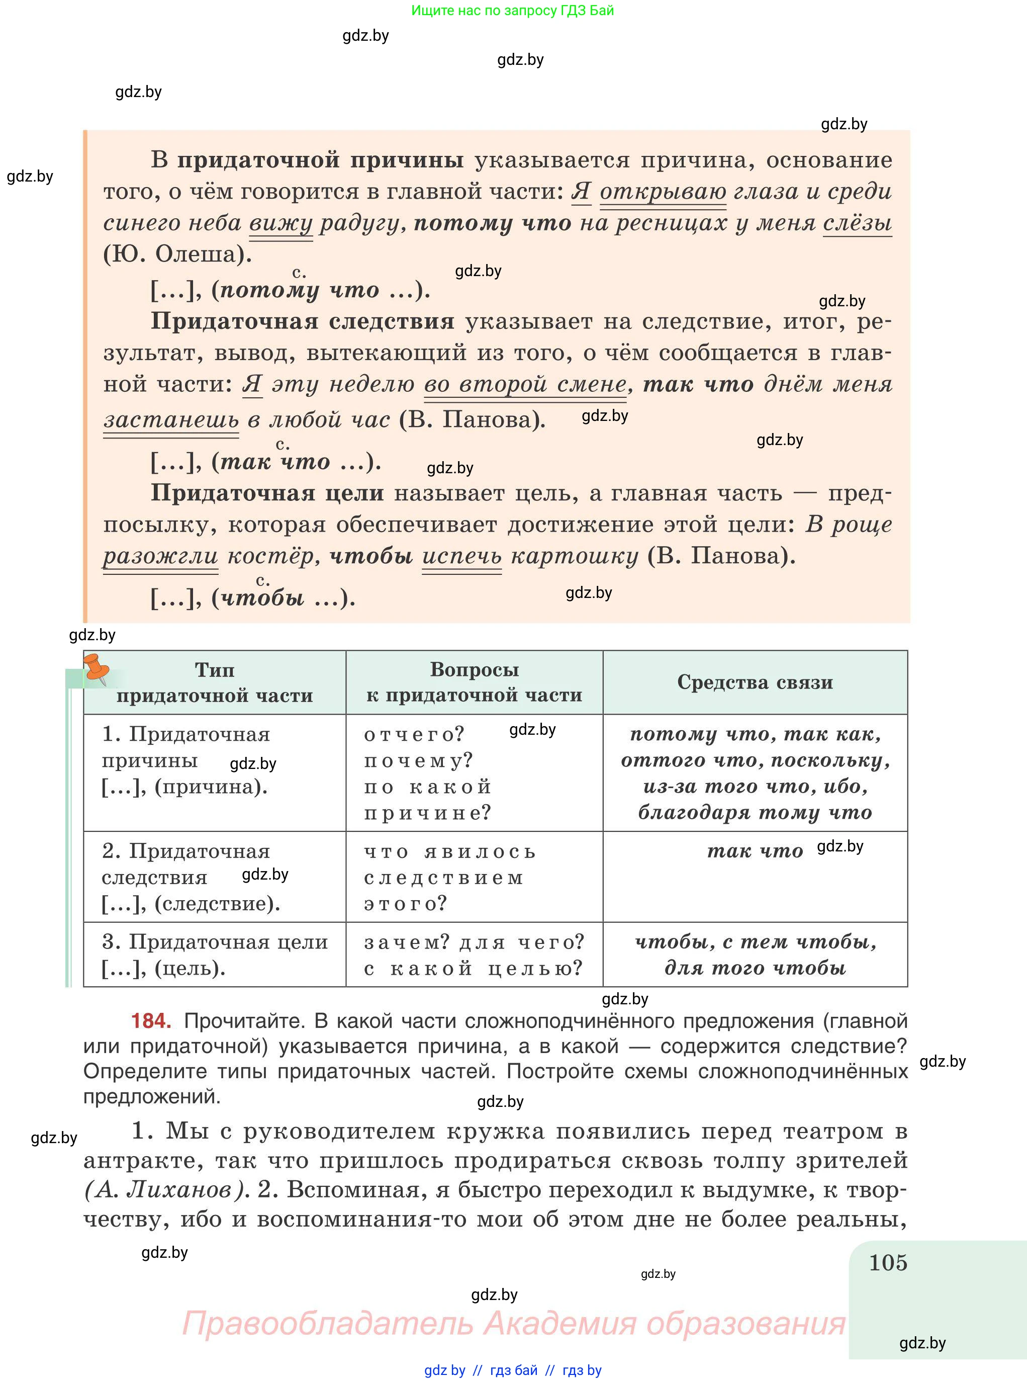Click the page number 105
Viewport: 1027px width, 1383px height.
click(x=888, y=1263)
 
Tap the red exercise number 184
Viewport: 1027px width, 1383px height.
click(x=151, y=1020)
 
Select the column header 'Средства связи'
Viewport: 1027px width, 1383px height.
click(x=755, y=682)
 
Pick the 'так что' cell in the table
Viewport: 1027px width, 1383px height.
click(x=755, y=851)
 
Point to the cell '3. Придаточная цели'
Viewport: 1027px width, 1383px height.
click(x=215, y=955)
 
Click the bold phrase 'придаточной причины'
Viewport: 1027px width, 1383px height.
click(x=320, y=160)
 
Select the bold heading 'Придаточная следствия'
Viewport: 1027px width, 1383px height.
click(x=303, y=321)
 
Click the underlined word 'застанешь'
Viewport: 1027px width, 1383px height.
click(x=171, y=420)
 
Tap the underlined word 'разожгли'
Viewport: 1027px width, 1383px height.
click(x=160, y=556)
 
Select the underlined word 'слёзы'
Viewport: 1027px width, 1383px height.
click(x=857, y=223)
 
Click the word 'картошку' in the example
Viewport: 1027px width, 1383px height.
click(x=575, y=556)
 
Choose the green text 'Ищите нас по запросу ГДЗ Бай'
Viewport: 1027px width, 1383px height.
click(x=512, y=11)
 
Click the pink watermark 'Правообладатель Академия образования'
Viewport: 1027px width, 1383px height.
click(x=514, y=1323)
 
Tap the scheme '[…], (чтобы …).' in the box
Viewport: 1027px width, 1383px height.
click(x=253, y=598)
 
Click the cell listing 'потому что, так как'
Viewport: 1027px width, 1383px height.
click(x=755, y=773)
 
